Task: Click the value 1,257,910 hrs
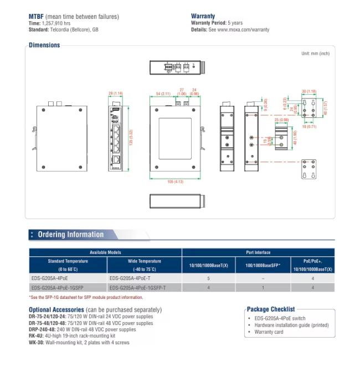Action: click(x=56, y=23)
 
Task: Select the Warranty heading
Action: click(x=203, y=17)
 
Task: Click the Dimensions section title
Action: click(x=44, y=45)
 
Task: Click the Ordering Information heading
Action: click(x=70, y=235)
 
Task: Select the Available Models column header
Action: click(x=105, y=252)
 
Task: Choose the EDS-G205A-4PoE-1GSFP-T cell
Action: click(x=137, y=288)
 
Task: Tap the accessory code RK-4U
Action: click(x=37, y=335)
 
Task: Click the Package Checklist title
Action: click(x=271, y=309)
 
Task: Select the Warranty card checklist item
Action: click(x=269, y=332)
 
